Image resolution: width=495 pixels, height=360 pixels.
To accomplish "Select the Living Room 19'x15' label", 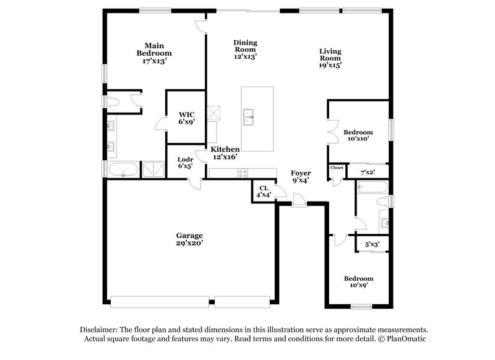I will [x=330, y=58].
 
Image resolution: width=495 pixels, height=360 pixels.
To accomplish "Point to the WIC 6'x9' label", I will [x=187, y=118].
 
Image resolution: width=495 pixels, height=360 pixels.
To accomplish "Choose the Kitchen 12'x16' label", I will [x=225, y=153].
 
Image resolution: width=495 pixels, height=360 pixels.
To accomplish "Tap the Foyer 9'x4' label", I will [x=301, y=177].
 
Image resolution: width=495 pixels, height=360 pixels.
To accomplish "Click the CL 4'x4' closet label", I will [x=264, y=192].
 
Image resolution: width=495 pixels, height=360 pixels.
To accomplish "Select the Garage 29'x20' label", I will [x=189, y=239].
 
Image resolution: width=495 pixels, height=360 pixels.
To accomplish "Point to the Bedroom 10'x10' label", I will [x=358, y=135].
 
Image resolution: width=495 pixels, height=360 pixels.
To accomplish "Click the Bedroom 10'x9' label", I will [x=358, y=282].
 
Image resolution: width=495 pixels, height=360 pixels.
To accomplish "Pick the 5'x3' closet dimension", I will [x=371, y=245].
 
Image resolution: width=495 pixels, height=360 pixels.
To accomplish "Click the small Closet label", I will [x=337, y=168].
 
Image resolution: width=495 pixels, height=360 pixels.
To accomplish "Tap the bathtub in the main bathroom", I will [x=123, y=169].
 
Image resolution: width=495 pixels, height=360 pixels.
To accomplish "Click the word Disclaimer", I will [x=101, y=330].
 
